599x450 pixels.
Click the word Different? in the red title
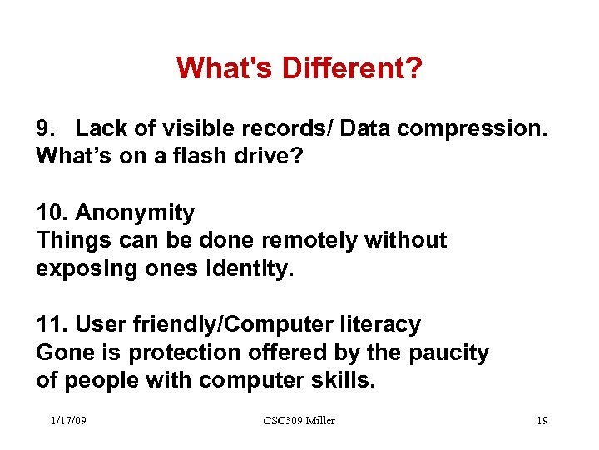coord(349,69)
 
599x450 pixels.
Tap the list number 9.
coord(45,129)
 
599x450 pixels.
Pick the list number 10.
coord(51,213)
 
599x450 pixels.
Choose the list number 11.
coord(51,324)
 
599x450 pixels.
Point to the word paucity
coord(448,352)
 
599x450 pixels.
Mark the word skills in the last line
coord(346,380)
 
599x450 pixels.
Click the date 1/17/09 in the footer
coord(68,421)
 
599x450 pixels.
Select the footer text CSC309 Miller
coord(299,421)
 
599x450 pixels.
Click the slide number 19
coord(542,421)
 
